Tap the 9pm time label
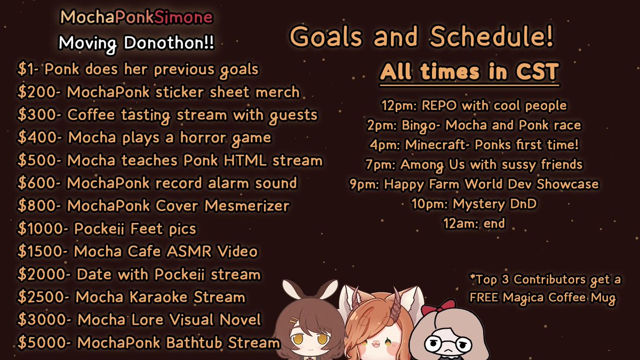[361, 184]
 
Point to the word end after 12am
[493, 223]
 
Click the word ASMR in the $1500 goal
[193, 251]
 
